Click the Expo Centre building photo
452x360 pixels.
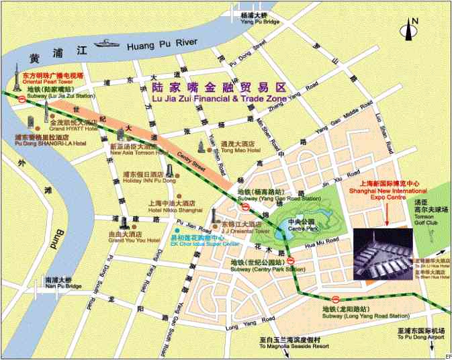382,256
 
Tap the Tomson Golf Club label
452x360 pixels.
431,216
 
